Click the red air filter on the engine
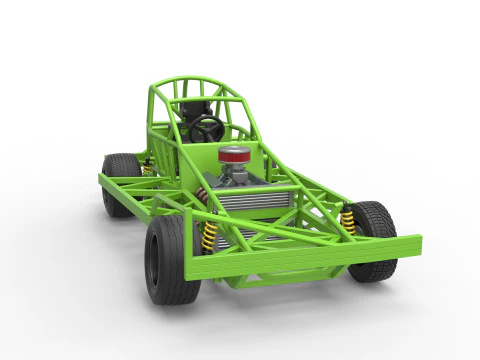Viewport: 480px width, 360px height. [233, 157]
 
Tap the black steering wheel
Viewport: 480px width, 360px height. [206, 128]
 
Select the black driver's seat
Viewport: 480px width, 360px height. [193, 109]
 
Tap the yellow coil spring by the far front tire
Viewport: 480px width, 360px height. [348, 219]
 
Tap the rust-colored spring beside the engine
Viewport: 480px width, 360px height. [203, 198]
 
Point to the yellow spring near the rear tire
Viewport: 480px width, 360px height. [147, 170]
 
